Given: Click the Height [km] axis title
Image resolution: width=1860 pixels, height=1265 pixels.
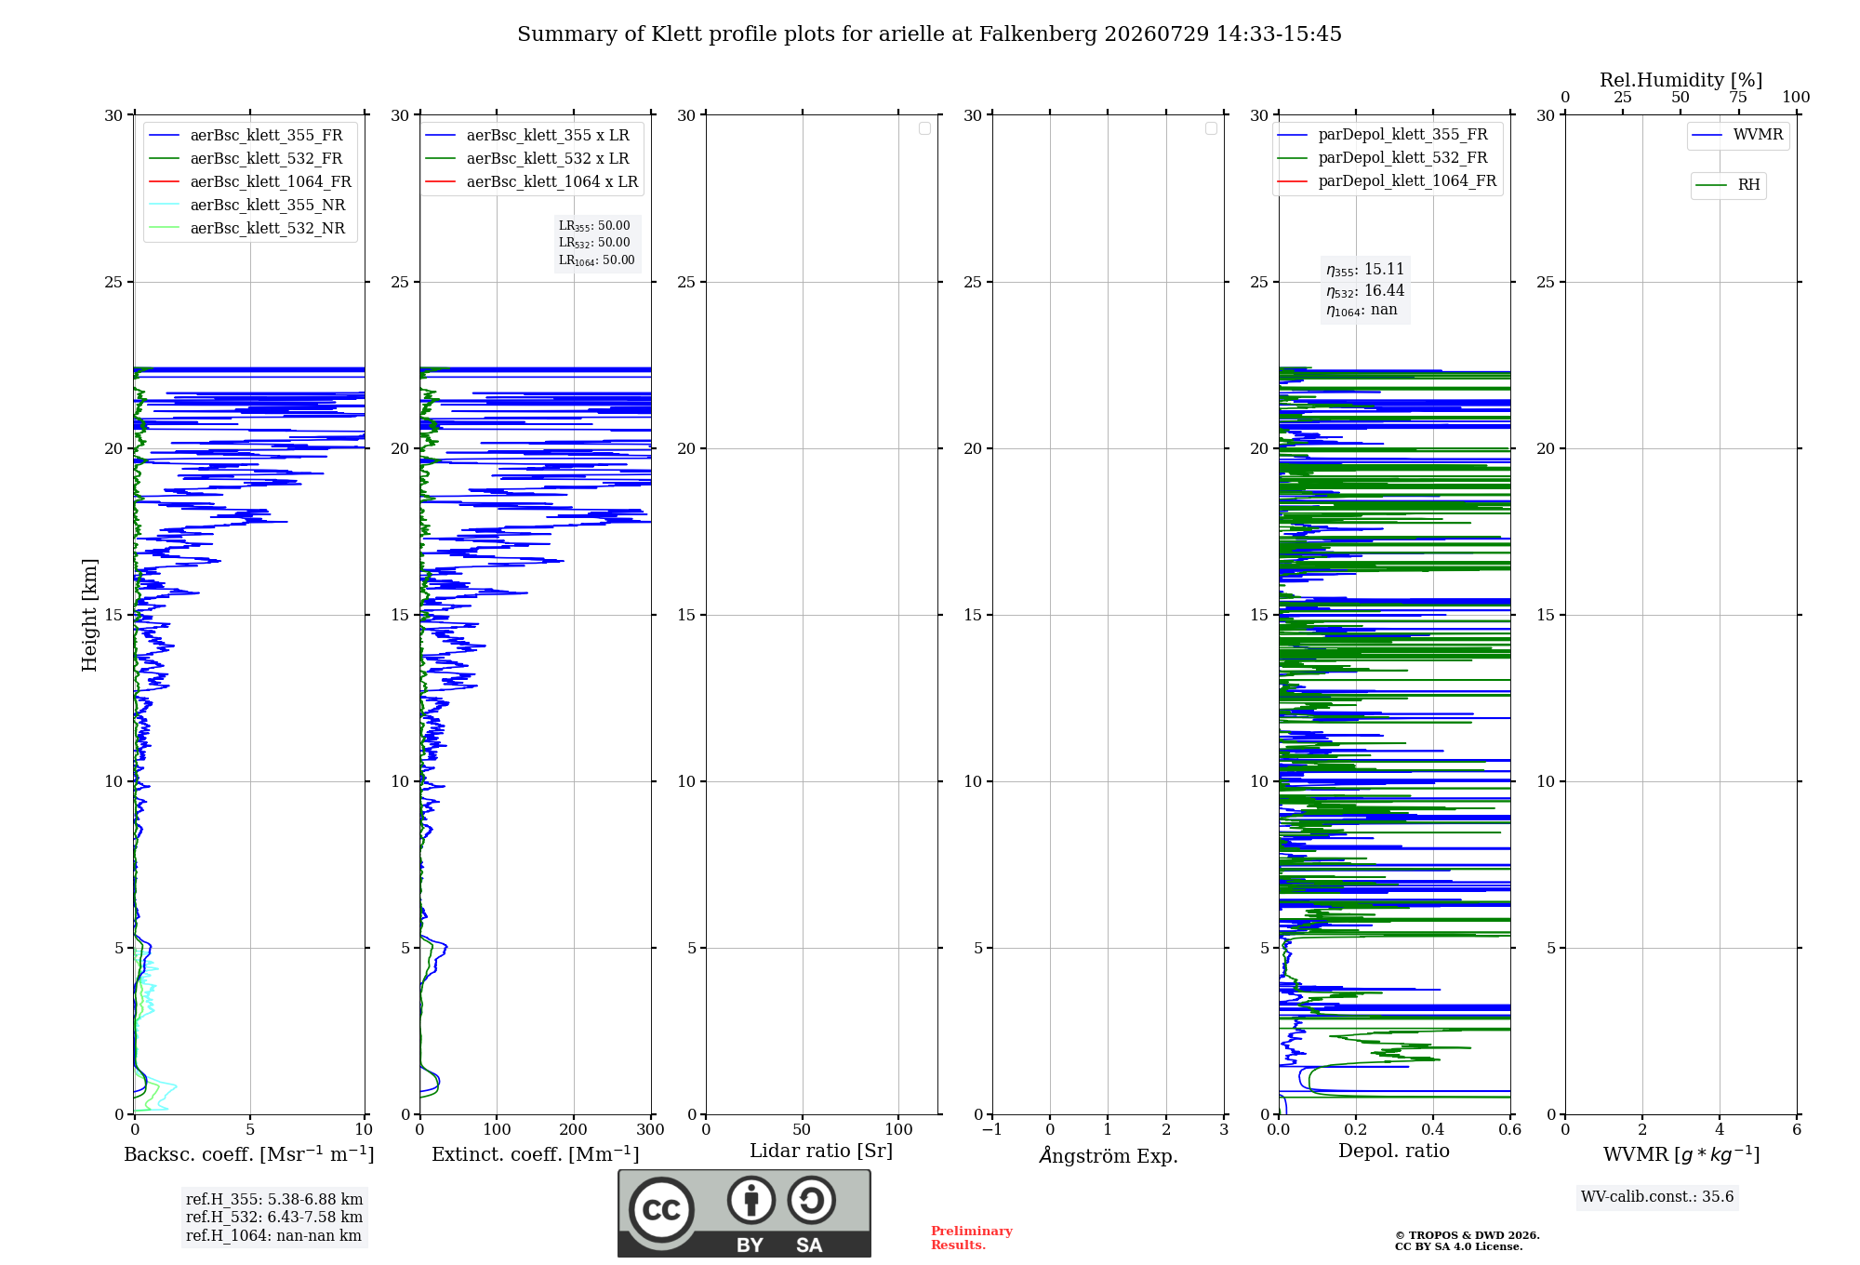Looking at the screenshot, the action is (89, 615).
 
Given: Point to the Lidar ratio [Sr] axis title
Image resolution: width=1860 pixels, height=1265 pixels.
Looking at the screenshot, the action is (821, 1152).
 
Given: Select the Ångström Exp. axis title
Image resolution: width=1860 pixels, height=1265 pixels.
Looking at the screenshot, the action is (1109, 1155).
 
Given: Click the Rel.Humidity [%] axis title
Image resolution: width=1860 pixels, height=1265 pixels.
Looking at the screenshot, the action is (1681, 80).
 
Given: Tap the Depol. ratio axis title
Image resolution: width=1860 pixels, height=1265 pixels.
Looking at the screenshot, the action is (1394, 1151).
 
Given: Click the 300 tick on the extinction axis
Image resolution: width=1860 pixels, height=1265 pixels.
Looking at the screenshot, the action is (651, 1129).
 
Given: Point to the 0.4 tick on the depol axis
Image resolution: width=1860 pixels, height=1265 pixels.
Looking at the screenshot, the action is (1433, 1129).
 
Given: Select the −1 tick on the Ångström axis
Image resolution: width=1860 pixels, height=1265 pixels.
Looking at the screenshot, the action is (992, 1129).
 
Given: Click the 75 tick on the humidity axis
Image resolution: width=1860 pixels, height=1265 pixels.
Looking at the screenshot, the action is (1738, 97).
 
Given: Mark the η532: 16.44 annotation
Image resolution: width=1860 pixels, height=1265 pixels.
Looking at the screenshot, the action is (1365, 291).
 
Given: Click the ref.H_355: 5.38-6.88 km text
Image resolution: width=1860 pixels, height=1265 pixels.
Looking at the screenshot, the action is (274, 1200).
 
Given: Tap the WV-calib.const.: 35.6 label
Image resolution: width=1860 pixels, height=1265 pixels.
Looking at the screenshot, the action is (1657, 1197).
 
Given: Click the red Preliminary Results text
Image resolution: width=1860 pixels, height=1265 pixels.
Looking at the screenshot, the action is (972, 1238).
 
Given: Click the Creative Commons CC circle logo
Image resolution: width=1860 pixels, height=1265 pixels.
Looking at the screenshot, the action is (661, 1210).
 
